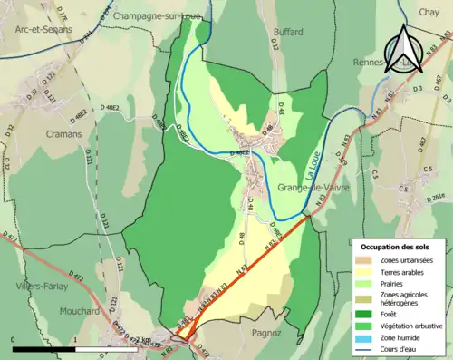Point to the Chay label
(429, 11)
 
